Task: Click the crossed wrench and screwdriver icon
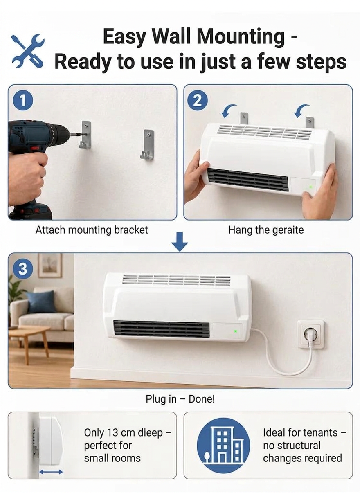pos(28,51)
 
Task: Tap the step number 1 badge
pos(23,101)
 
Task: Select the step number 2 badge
pos(197,101)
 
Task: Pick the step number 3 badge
pos(23,269)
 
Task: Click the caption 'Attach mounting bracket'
pos(92,230)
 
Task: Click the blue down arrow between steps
pos(180,242)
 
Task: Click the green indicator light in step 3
pos(236,331)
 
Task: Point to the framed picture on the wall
pos(50,266)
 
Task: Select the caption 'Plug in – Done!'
pos(180,399)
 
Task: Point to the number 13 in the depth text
pos(113,433)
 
